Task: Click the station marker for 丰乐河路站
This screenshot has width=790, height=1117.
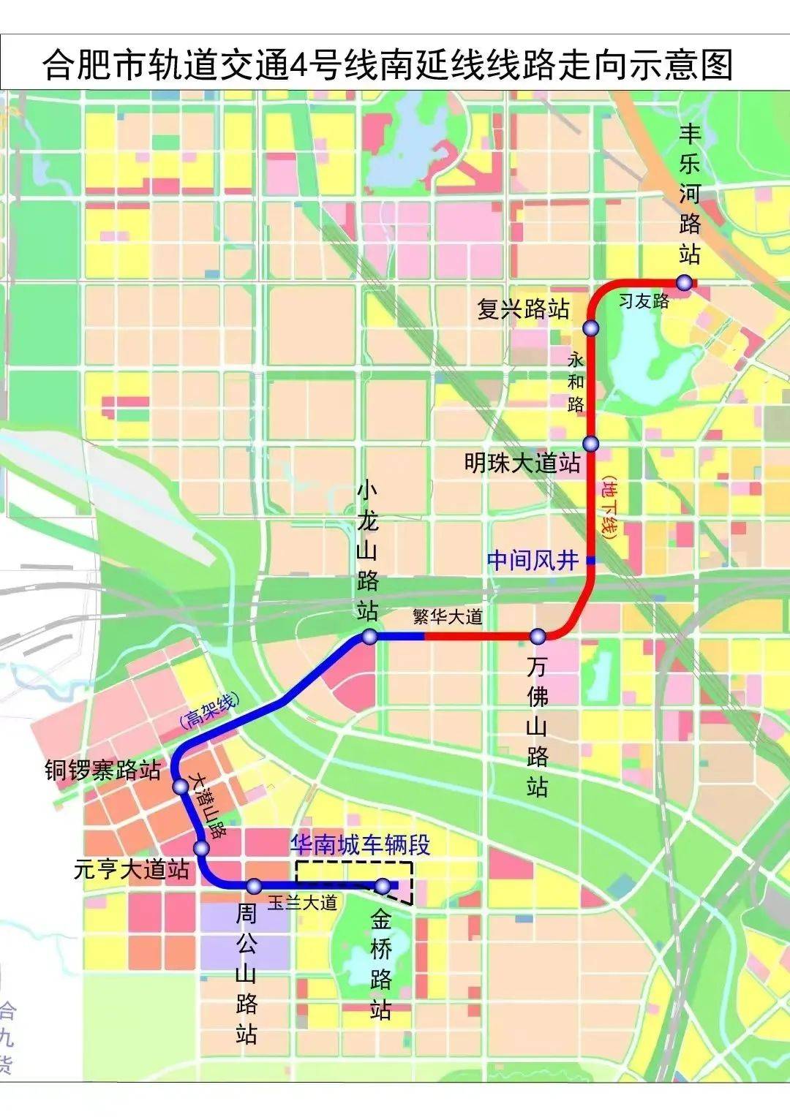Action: (684, 282)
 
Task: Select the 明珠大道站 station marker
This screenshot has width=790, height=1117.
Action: (591, 444)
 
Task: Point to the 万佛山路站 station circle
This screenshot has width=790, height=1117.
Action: (538, 636)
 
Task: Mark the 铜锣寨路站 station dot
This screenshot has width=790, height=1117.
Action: (180, 787)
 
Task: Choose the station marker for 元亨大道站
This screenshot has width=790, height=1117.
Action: (202, 848)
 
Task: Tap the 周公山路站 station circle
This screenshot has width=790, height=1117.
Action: (254, 886)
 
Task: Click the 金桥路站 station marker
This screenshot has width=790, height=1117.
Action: (383, 886)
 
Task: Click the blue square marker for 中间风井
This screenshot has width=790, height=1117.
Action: (591, 561)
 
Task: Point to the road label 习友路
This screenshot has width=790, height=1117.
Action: (644, 300)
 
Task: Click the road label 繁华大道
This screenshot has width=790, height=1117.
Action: (448, 616)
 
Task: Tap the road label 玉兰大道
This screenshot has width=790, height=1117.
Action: (302, 903)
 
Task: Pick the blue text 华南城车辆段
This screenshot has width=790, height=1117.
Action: (360, 845)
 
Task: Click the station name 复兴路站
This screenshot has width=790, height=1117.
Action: (523, 309)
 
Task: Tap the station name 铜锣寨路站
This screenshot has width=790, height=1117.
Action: (102, 770)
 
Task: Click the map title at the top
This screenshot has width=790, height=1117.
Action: (388, 65)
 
